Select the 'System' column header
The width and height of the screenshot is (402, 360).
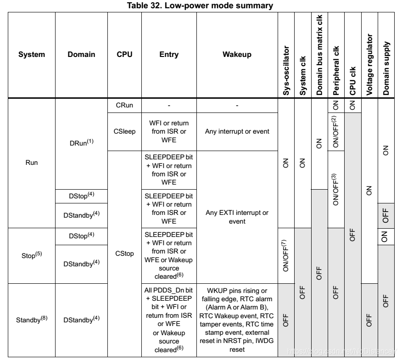click(32, 55)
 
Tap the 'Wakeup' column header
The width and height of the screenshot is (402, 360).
click(237, 55)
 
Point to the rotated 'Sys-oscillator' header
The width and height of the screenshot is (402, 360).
click(287, 69)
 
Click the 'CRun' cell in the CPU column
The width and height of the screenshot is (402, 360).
click(124, 105)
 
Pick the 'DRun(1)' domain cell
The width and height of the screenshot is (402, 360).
click(81, 142)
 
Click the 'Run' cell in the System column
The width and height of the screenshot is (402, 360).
click(32, 162)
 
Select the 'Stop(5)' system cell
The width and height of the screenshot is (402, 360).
click(32, 255)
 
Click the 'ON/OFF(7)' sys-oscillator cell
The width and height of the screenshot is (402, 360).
click(287, 255)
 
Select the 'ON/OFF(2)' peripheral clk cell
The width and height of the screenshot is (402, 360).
click(337, 132)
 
